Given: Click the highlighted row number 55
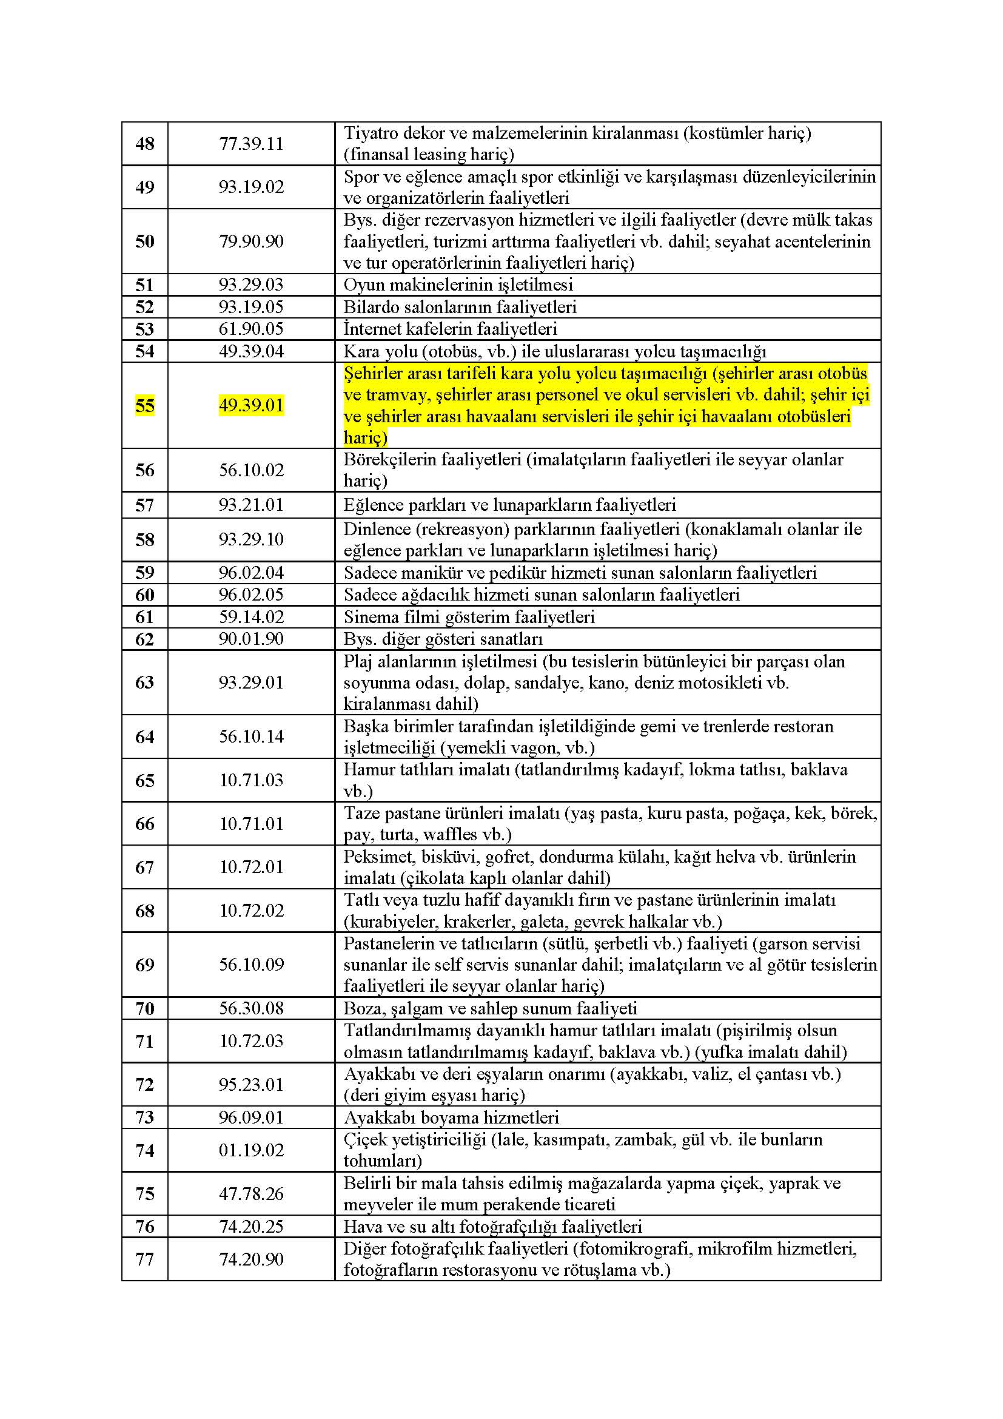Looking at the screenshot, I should pos(144,405).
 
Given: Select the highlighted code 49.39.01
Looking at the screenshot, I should pos(251,405).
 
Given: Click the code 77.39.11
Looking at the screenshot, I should pos(251,143).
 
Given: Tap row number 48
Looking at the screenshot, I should pos(144,143).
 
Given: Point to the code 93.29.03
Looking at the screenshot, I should pos(251,285).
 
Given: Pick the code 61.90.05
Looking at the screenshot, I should pos(251,328).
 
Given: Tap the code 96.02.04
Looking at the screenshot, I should pos(251,572).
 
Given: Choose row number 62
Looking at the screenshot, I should pos(144,639).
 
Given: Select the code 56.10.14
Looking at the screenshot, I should pos(251,736).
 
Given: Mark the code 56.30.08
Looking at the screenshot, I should pos(251,1008).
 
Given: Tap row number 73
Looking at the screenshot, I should pos(144,1117).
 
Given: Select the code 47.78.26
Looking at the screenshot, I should pos(251,1193).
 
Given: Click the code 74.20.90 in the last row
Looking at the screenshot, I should pos(251,1259).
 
